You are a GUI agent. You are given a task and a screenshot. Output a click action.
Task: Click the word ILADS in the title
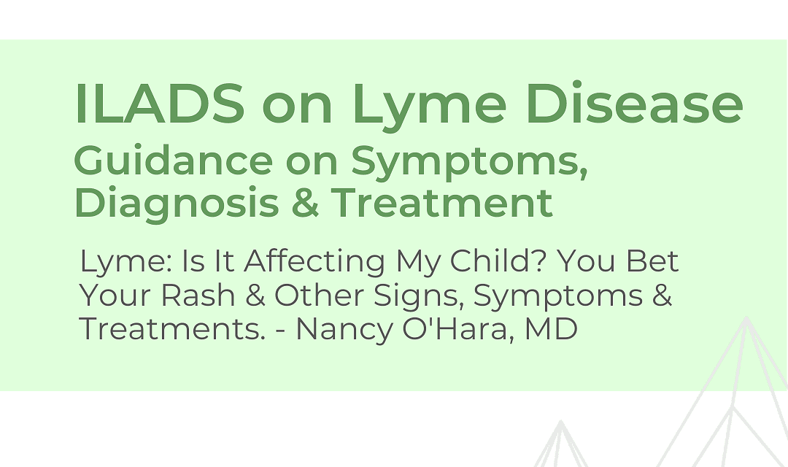point(160,103)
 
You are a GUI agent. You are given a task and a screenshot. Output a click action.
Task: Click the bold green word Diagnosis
point(177,203)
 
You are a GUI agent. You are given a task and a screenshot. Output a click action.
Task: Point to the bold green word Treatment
point(441,202)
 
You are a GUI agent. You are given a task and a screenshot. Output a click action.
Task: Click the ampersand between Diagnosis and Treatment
point(304,202)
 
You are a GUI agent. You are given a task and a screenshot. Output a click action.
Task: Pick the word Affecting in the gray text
point(314,261)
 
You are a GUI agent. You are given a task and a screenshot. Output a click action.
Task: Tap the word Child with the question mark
point(498,261)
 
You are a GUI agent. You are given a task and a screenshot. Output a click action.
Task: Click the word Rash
point(198,295)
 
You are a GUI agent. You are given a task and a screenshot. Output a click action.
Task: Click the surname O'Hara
point(457,329)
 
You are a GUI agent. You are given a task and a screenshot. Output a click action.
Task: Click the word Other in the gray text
point(319,295)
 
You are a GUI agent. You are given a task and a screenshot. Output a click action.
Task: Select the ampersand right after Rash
point(255,295)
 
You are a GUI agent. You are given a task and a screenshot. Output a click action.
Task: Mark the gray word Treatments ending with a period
point(172,329)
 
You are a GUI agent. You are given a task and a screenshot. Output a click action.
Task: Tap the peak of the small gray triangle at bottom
point(561,421)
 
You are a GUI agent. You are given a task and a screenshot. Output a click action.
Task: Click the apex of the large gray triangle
point(747,317)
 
